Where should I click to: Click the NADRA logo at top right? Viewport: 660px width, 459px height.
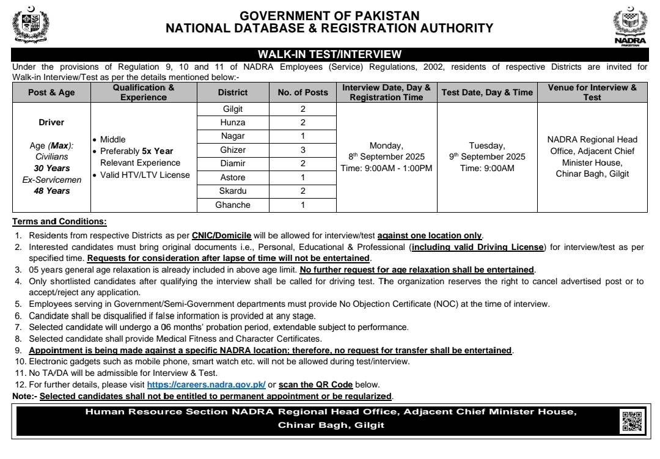tap(629, 27)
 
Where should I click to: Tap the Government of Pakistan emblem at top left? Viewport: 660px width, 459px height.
tap(31, 25)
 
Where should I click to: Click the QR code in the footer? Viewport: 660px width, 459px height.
tap(632, 421)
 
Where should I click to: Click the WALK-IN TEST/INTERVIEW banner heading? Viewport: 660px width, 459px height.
tap(330, 54)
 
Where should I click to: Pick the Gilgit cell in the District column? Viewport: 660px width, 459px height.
tap(233, 109)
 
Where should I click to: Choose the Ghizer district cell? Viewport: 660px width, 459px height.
tap(233, 150)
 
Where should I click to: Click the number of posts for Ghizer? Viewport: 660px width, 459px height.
tap(302, 150)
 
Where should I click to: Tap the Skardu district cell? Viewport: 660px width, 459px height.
tap(233, 191)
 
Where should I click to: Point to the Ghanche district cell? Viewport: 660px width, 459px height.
tap(233, 205)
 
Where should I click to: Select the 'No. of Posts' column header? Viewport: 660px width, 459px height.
tap(302, 92)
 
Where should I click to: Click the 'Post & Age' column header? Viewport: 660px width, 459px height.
tap(51, 92)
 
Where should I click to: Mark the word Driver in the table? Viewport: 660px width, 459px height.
tap(51, 122)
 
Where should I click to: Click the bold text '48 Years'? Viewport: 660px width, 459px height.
tap(51, 191)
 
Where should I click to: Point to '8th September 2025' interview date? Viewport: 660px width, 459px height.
tap(386, 156)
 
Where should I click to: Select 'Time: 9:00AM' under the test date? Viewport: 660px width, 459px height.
tap(487, 168)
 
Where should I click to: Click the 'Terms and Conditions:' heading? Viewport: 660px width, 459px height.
tap(59, 221)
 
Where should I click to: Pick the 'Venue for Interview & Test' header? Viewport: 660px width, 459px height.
tap(592, 92)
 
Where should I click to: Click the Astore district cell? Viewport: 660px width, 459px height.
tap(233, 177)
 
